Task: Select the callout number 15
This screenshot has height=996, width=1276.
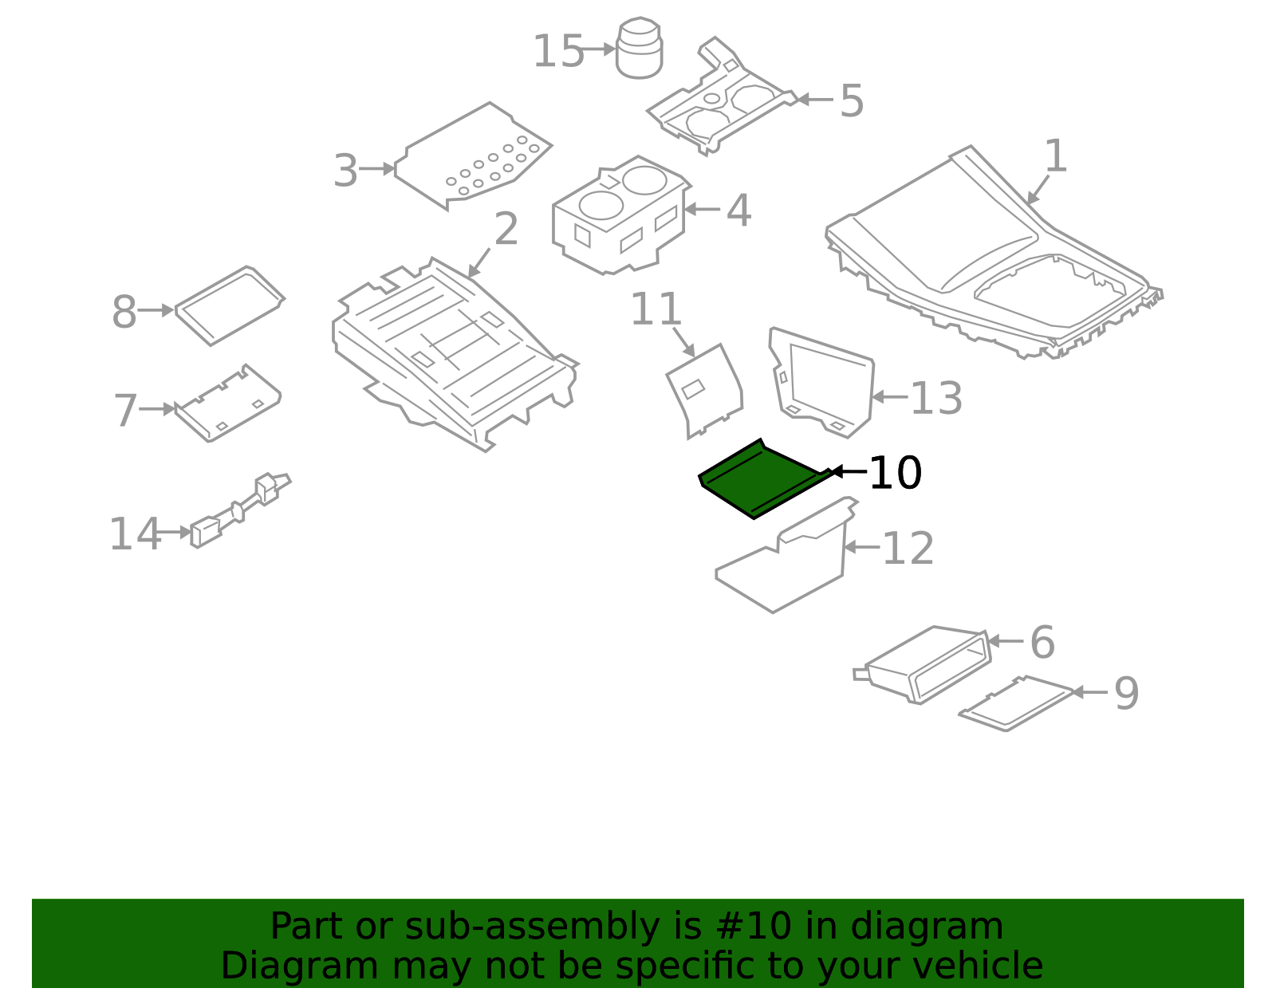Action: click(557, 51)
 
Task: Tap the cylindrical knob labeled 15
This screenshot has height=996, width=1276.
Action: click(640, 48)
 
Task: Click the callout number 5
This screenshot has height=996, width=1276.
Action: click(852, 100)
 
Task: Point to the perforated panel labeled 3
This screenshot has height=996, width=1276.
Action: click(473, 155)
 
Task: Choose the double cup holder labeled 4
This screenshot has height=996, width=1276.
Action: click(621, 215)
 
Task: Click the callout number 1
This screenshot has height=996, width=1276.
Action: click(1055, 156)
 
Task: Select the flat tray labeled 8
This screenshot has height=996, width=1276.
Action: click(230, 305)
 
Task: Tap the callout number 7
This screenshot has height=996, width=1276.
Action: click(125, 410)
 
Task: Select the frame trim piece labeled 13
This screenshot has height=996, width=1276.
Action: click(822, 383)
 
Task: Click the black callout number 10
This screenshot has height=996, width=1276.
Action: click(895, 472)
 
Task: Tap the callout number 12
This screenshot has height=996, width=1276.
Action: click(908, 548)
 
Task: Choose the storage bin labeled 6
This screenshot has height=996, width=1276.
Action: click(922, 665)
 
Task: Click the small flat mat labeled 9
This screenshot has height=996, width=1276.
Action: click(1016, 703)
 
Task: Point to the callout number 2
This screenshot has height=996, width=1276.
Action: click(506, 229)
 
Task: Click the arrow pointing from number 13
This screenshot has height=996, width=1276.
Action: click(890, 397)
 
